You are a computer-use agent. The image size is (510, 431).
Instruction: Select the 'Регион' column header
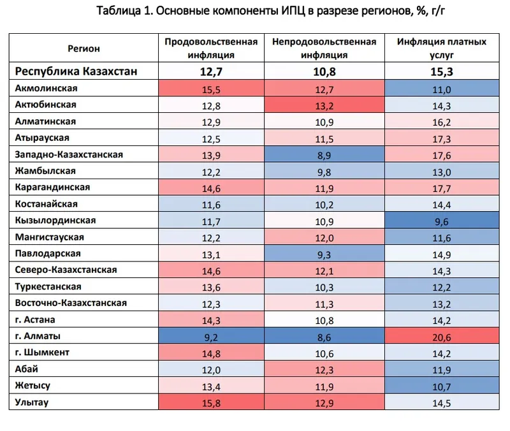(x=83, y=48)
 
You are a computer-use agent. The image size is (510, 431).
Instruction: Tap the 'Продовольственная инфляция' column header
(x=211, y=48)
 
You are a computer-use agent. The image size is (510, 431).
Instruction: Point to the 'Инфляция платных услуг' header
(x=442, y=48)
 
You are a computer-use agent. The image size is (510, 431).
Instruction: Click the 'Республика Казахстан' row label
(x=76, y=71)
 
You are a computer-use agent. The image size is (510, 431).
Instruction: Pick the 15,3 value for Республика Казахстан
(x=442, y=71)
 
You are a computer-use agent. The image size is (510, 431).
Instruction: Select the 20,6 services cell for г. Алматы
(x=442, y=336)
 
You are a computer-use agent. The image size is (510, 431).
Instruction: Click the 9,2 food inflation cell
(x=211, y=336)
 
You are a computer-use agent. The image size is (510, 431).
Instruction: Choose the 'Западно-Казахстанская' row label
(x=69, y=154)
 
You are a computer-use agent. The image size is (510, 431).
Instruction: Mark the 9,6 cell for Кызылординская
(x=442, y=221)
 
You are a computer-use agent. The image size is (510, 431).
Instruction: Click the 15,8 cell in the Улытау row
(x=211, y=403)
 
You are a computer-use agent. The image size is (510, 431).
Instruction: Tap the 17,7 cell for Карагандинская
(x=442, y=187)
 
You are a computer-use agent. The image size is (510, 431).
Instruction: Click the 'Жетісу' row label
(x=33, y=386)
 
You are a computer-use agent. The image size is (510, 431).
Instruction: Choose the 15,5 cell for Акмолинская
(x=211, y=89)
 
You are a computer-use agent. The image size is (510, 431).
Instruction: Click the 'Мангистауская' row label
(x=49, y=237)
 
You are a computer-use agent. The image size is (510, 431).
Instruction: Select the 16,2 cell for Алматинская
(x=442, y=121)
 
